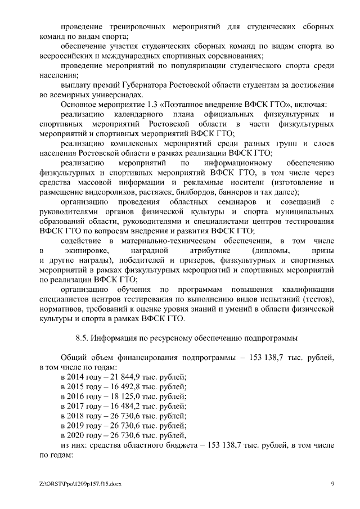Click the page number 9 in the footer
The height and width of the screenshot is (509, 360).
(x=332, y=483)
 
